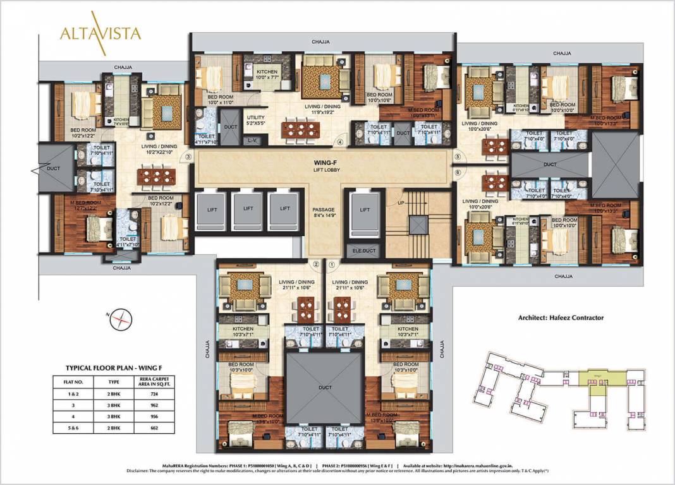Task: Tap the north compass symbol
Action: point(119,321)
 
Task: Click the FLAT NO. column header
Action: point(73,381)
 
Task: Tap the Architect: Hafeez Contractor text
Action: point(561,318)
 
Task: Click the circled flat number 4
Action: point(340,143)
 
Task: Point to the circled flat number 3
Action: point(188,157)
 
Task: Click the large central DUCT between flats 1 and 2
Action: point(325,386)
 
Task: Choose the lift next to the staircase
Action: point(365,210)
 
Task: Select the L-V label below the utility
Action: point(252,140)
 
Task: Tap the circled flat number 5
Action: point(458,157)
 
